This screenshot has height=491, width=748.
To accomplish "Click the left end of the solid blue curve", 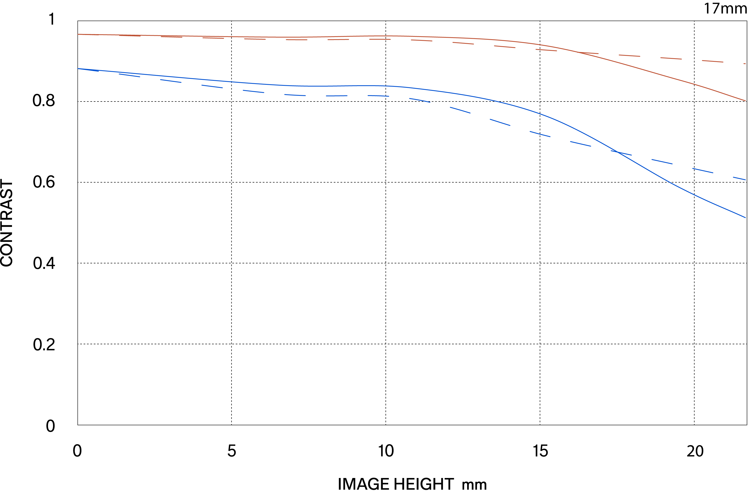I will coord(78,68).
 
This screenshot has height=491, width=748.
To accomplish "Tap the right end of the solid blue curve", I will coord(745,217).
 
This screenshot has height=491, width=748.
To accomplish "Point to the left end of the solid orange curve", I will coord(78,34).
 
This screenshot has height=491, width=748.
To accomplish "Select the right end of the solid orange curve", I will coord(745,101).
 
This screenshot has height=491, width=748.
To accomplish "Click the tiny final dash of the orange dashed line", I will coord(744,64).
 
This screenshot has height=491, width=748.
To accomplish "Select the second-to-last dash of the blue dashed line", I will coord(703,170).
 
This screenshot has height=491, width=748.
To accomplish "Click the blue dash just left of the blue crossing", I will coord(581,144).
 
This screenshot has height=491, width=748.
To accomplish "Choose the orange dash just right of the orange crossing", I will coord(629,55).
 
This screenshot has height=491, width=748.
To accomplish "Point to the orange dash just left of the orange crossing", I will coord(546,50).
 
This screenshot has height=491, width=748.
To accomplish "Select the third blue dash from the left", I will coord(171,81).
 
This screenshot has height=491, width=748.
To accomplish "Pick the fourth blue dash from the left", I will coord(212,86).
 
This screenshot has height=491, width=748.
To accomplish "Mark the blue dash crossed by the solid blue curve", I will coord(621,153).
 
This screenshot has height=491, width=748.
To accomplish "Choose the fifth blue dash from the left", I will coord(253,91).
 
